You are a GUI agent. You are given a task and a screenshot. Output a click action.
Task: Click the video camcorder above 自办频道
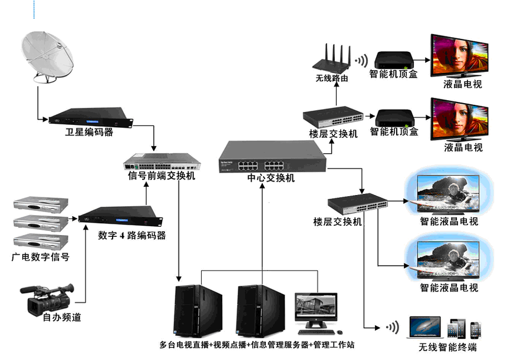[x=47, y=298]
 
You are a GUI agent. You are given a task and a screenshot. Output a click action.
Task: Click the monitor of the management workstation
[x=317, y=306]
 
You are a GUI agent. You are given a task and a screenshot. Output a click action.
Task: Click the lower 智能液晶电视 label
[x=449, y=288]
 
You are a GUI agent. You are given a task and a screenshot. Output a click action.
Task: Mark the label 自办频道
[x=62, y=318]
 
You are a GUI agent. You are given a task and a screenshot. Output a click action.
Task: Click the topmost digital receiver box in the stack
[x=41, y=203]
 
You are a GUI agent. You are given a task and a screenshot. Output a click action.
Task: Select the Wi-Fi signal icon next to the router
[x=360, y=60]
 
